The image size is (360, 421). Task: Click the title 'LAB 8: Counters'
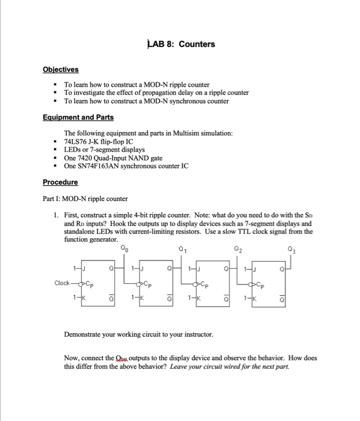[x=181, y=45]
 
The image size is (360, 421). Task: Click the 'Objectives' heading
[x=61, y=70]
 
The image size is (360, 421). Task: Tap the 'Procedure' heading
[x=60, y=182]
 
